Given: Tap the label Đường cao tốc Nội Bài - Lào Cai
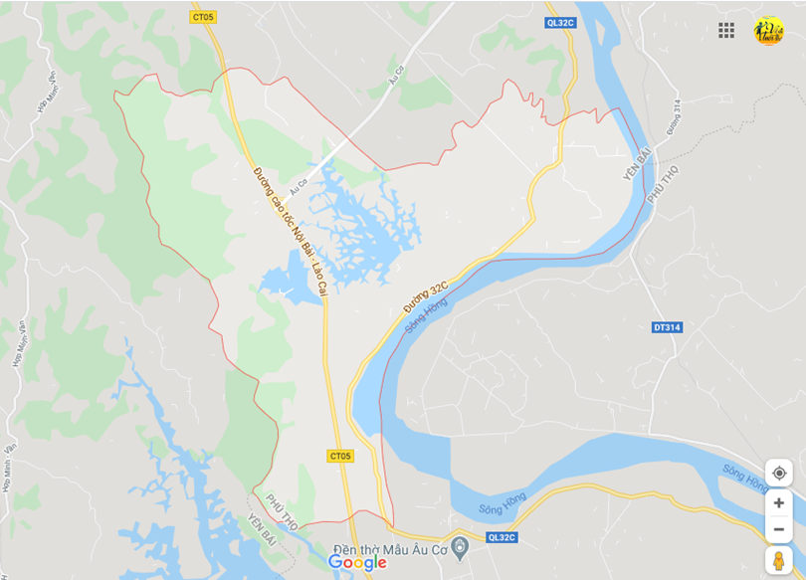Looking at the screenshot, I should coord(290,230).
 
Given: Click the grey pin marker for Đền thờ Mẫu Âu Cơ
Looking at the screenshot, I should coord(459,547).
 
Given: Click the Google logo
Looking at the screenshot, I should coord(357,563).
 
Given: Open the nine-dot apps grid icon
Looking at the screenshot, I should coord(726,30).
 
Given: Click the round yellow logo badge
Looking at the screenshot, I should coord(769,30).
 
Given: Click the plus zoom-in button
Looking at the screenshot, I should coord(779,502).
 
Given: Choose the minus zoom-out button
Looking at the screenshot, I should coord(779,528).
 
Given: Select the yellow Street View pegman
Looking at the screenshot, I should coord(779,561).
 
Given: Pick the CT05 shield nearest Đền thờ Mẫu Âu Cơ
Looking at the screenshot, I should coord(340,456).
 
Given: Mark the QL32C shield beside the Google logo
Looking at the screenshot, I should coord(503,537).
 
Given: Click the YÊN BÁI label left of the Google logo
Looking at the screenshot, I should coord(261,526).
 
